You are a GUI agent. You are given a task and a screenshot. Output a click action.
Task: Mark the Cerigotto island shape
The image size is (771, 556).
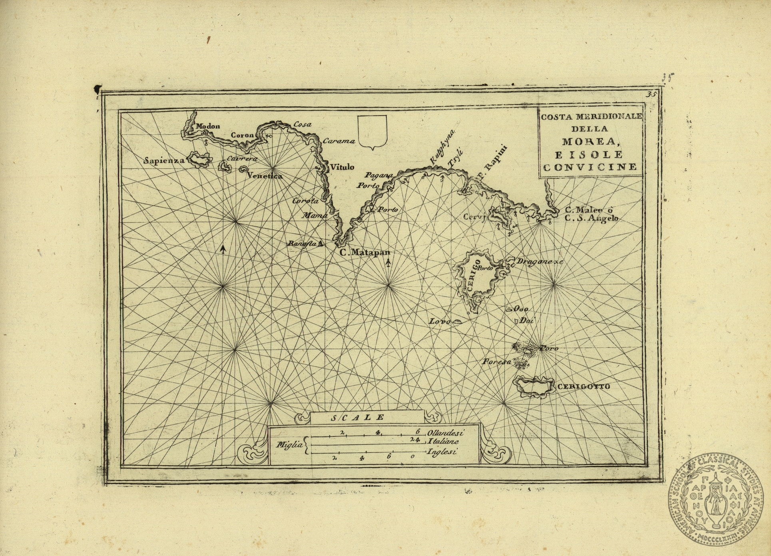tap(533, 386)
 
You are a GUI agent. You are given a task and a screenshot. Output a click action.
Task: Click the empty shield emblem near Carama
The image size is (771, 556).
tap(372, 132)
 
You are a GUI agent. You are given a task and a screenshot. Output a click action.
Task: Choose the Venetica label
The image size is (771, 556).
tap(265, 176)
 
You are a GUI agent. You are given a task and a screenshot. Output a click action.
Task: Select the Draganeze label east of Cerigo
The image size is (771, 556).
tap(539, 262)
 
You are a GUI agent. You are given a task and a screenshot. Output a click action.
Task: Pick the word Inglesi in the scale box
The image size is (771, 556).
tap(442, 452)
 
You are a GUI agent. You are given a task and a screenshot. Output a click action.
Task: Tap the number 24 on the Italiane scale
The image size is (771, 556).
tap(415, 440)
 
